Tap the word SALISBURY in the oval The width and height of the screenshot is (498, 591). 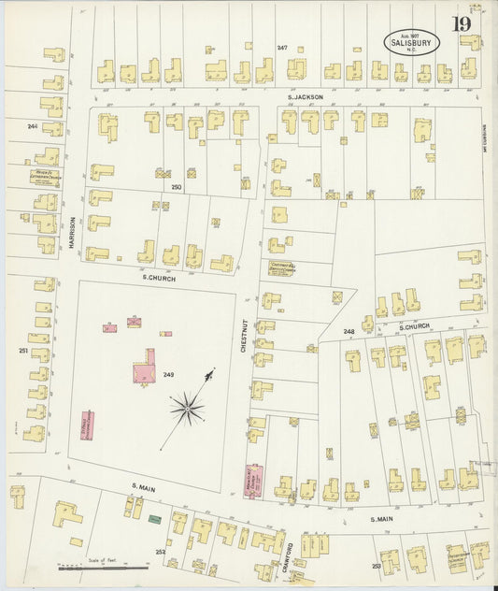click(411, 40)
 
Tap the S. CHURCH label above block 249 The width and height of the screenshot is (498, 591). click(153, 278)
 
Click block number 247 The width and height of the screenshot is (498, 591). click(281, 47)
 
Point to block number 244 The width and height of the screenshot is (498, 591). click(32, 125)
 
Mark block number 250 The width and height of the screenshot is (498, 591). click(175, 187)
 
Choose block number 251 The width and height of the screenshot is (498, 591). click(22, 351)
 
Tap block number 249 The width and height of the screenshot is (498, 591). click(168, 374)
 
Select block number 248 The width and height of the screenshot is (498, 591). click(349, 332)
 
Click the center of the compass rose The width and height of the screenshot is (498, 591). click(188, 408)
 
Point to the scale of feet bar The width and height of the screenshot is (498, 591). click(103, 567)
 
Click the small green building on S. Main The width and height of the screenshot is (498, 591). click(154, 518)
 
